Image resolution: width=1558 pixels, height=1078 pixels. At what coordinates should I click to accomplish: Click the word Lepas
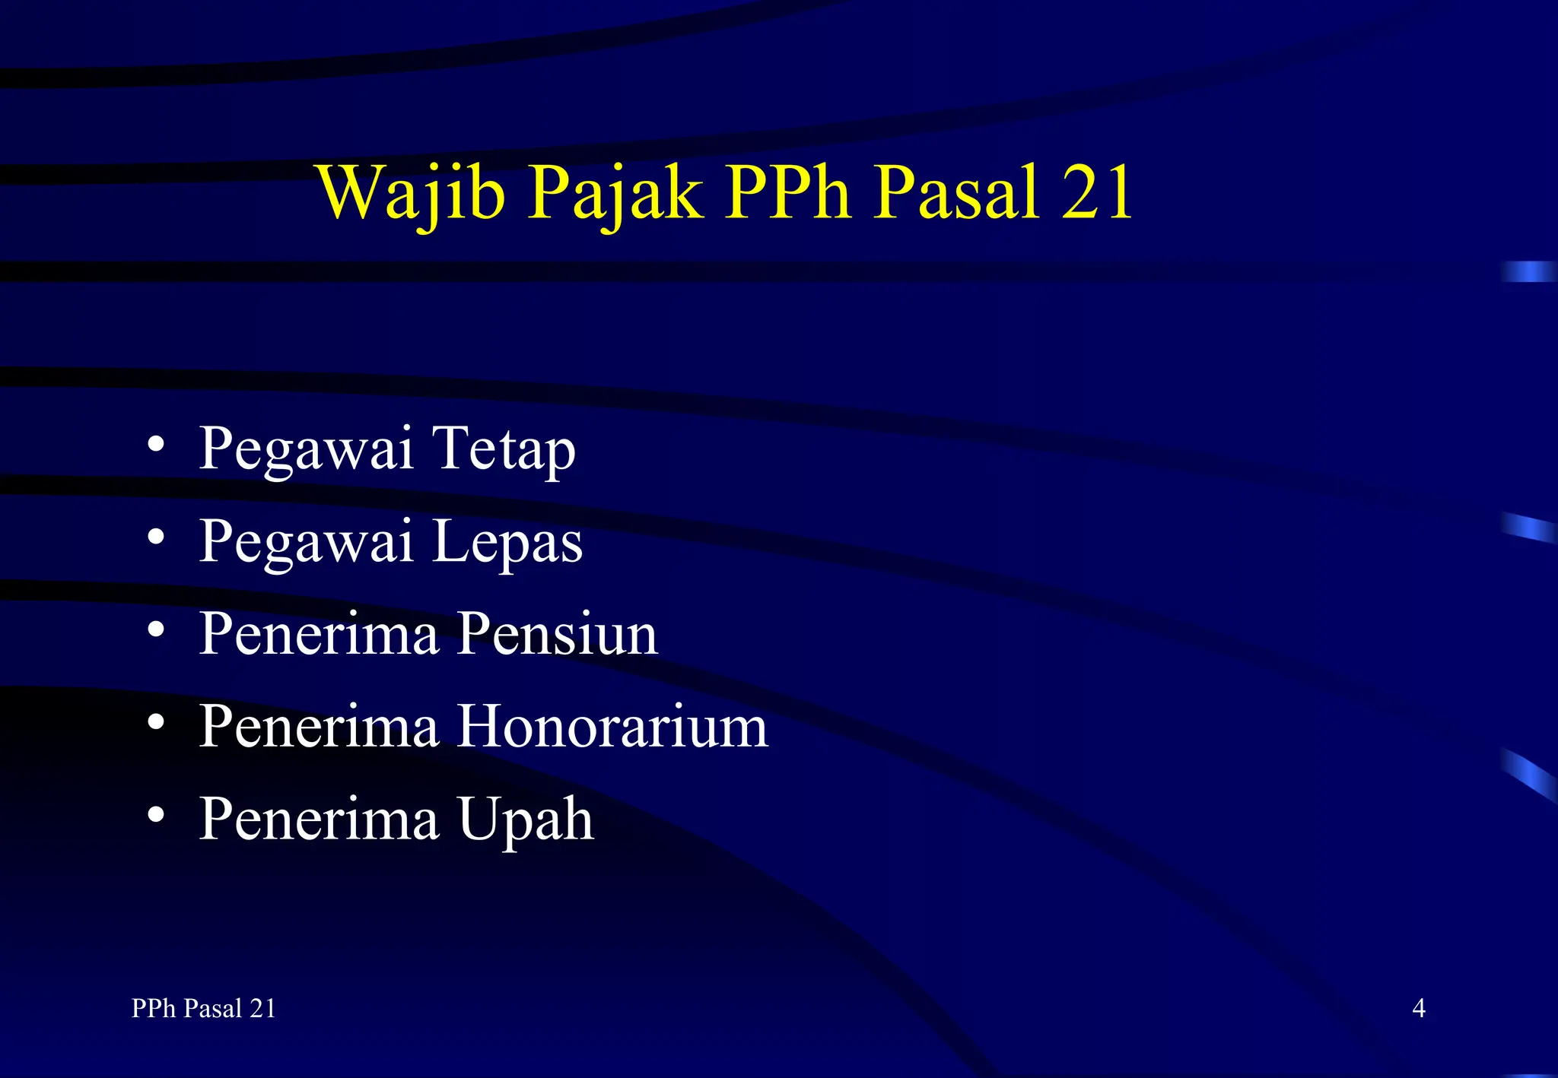point(507,541)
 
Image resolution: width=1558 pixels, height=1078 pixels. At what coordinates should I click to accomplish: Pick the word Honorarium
point(612,726)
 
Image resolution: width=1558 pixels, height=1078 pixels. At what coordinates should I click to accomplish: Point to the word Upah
point(526,819)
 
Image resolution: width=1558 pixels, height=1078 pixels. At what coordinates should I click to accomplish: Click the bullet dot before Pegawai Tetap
point(156,444)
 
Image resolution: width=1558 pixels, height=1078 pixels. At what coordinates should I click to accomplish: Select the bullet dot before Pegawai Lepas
point(156,537)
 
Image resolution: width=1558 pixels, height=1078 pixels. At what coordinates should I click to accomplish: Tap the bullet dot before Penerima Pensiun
point(156,629)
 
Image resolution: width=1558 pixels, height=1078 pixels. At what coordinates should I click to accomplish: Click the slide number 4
point(1418,1008)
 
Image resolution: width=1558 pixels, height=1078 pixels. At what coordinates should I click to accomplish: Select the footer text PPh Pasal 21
point(203,1008)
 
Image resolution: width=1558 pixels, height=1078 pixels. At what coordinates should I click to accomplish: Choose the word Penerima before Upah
point(319,819)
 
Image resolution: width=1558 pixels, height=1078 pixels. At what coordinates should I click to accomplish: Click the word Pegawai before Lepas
point(306,541)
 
